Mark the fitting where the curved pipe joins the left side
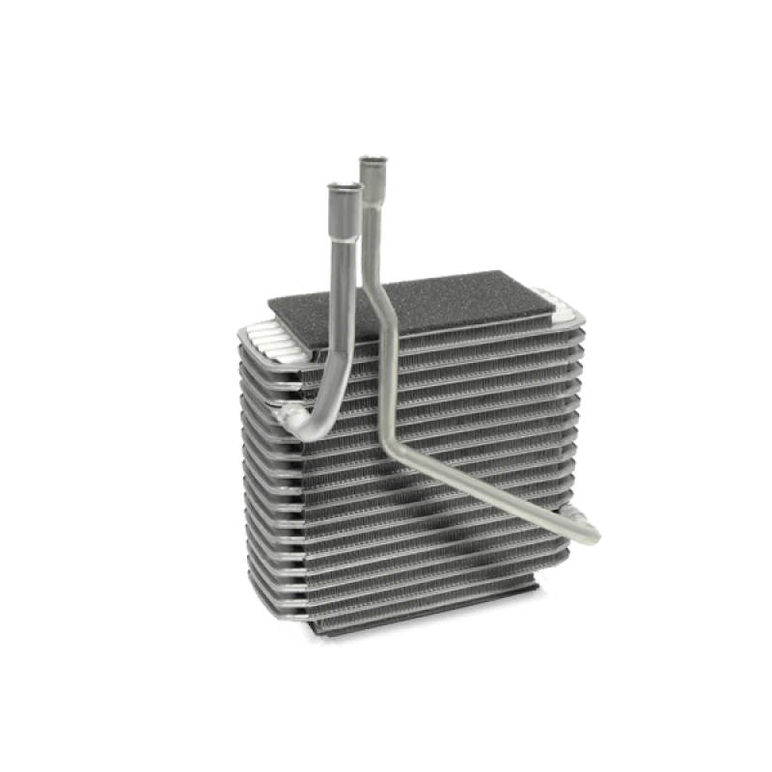[290, 417]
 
